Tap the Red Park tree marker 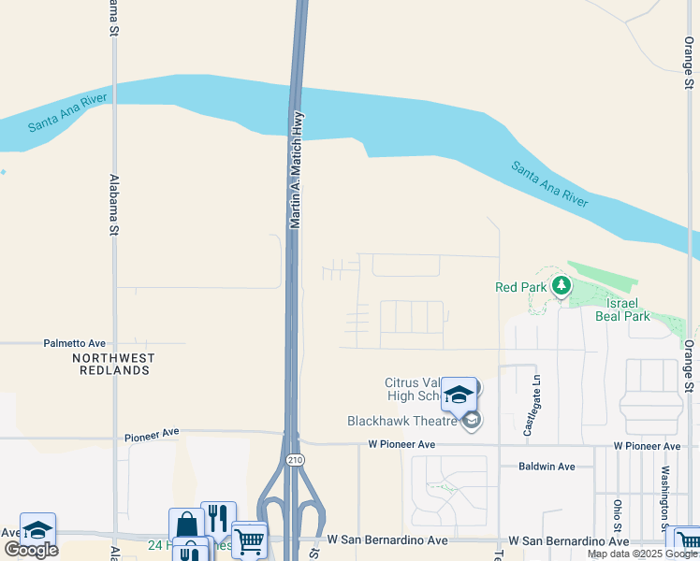(561, 286)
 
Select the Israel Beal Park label (622, 309)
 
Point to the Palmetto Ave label (75, 343)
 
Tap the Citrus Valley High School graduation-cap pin (459, 394)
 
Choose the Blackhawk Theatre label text (402, 422)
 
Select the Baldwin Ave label (547, 466)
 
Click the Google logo (30, 550)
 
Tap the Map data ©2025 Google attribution (642, 554)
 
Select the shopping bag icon (186, 525)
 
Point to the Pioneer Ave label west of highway (151, 435)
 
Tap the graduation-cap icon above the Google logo (37, 529)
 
